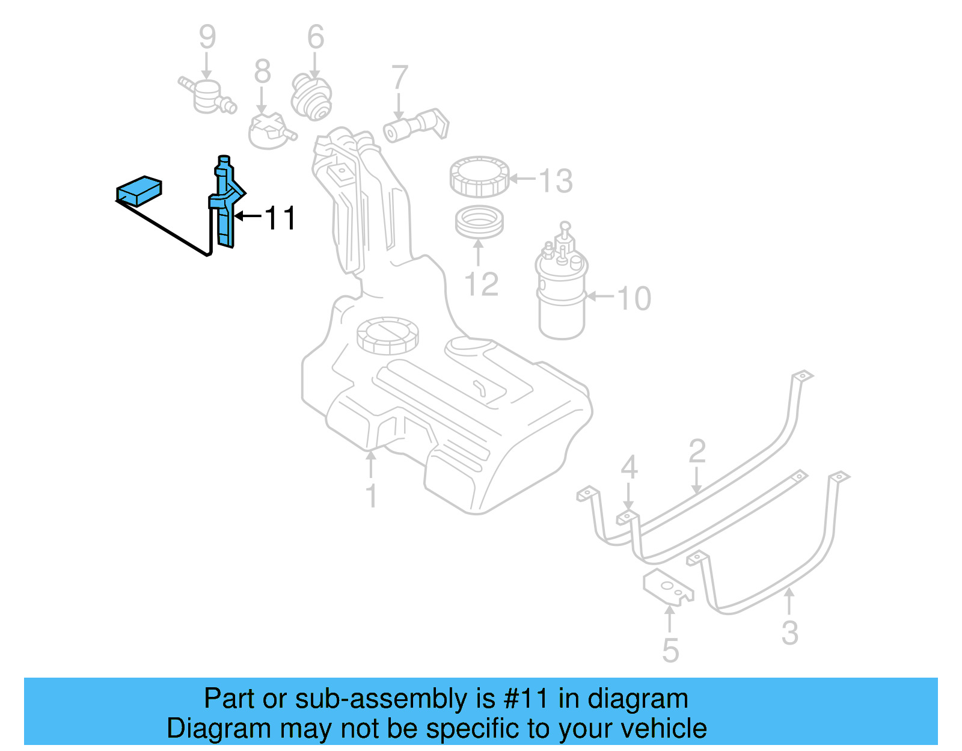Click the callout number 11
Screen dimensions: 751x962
[280, 218]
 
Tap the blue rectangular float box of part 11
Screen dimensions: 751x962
[139, 191]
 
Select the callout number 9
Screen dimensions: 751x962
[207, 37]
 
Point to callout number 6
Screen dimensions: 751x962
[316, 37]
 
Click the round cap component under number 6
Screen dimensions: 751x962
[311, 96]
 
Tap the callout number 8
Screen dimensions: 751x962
[262, 72]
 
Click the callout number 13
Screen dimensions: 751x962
[556, 180]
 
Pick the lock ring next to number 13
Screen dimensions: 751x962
[479, 176]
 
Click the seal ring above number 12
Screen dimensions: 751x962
[479, 222]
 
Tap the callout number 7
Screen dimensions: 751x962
[399, 78]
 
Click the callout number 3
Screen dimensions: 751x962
[789, 633]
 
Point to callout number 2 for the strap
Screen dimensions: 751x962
[697, 451]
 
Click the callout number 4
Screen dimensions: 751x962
[629, 467]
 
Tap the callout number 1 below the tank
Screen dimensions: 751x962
[371, 496]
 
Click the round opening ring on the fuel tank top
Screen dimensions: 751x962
[387, 335]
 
